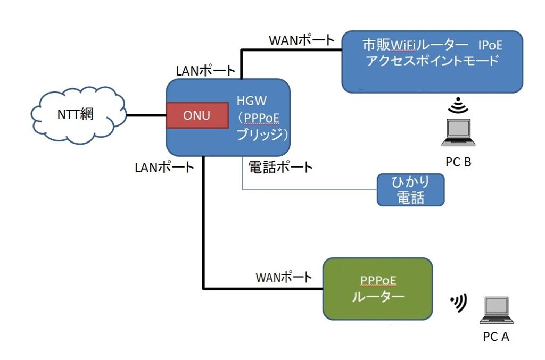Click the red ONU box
click(196, 115)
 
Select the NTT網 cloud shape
click(77, 114)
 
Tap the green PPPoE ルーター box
click(377, 288)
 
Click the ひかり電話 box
click(410, 190)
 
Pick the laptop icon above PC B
click(458, 133)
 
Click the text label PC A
click(496, 336)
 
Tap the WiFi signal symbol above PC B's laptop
click(457, 106)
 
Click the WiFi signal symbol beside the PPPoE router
click(458, 303)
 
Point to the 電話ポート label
click(280, 167)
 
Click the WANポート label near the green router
click(284, 277)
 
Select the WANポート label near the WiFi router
click(301, 40)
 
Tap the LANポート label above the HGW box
click(205, 70)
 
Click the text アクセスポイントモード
click(432, 61)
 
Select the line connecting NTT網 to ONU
click(146, 114)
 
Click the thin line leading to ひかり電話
click(309, 190)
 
